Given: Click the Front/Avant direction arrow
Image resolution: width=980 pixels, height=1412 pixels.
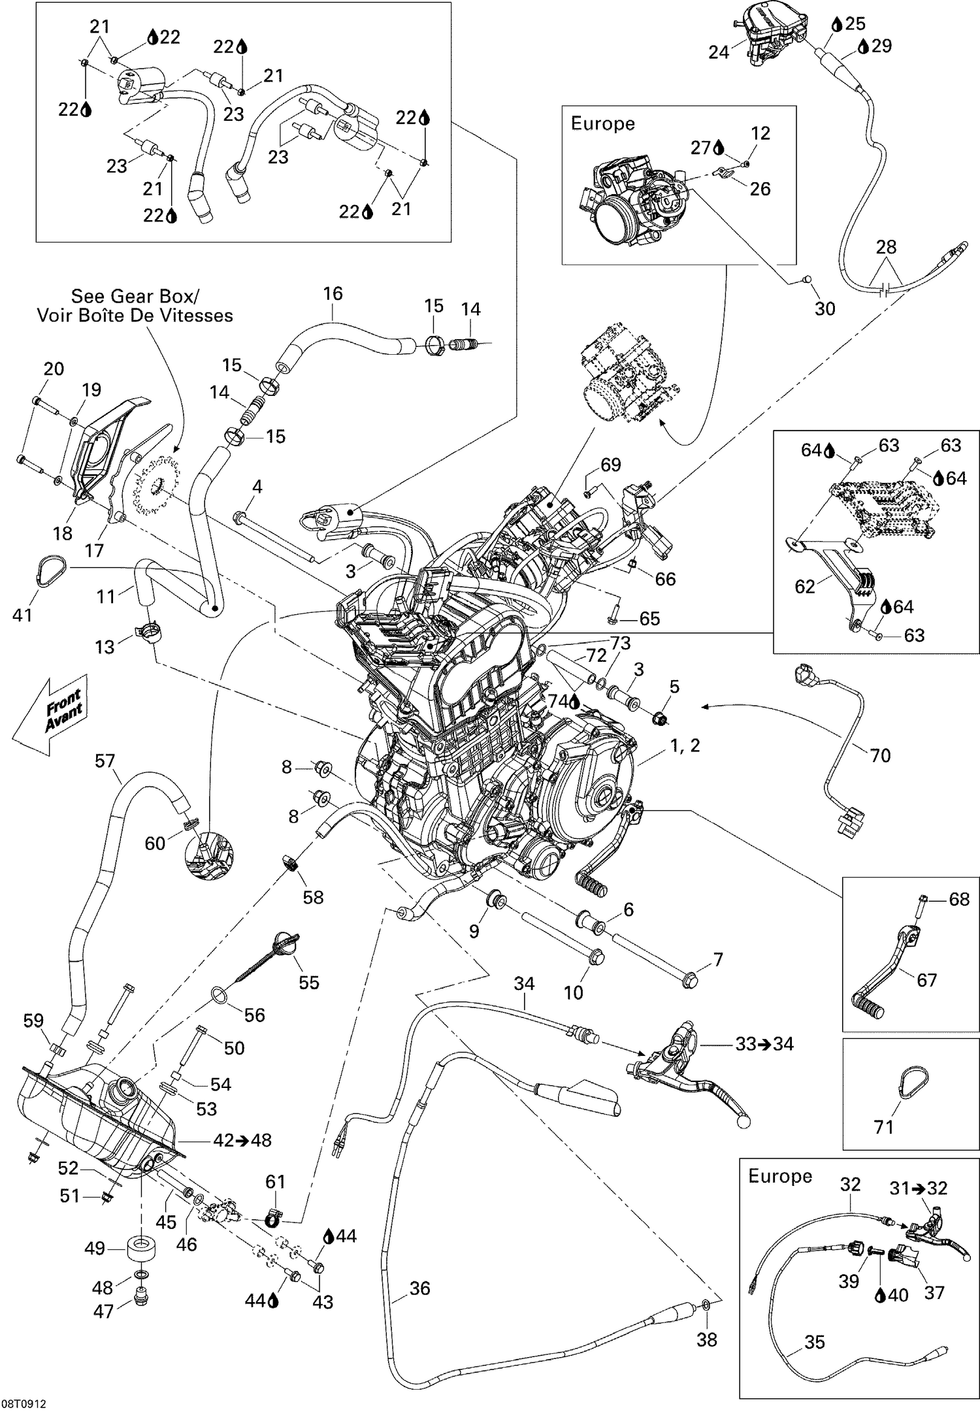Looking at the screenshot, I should [51, 715].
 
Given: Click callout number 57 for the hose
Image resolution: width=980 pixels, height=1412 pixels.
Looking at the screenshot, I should [105, 761].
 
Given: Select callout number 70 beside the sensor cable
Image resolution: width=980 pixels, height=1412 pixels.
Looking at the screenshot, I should [880, 755].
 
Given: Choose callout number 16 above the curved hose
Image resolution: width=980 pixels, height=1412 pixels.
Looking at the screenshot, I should [333, 293].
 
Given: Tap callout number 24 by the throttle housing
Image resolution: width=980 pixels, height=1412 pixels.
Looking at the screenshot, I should [719, 52].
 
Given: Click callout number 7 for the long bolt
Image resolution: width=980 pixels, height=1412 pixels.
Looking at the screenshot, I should [718, 960].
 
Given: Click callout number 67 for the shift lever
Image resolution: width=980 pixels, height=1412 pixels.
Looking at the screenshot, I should [926, 980].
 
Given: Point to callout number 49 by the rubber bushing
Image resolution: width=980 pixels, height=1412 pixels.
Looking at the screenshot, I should [95, 1248].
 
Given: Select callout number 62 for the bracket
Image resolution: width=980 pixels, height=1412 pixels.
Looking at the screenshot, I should [805, 586].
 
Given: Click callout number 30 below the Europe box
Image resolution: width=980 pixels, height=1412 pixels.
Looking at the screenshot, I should [825, 308].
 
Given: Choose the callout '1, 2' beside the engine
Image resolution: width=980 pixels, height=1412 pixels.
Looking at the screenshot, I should [685, 745].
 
